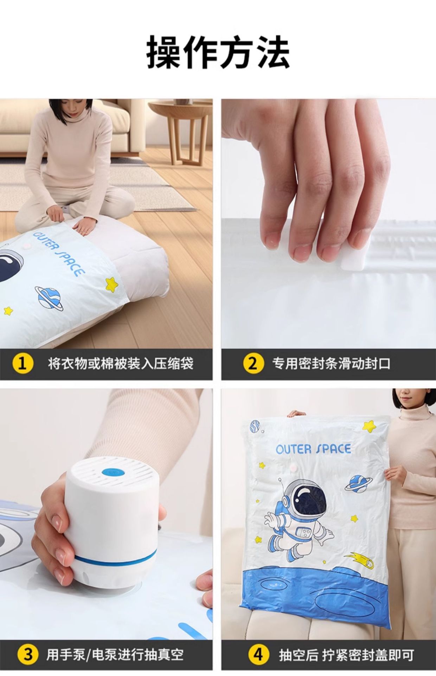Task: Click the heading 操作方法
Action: (218, 51)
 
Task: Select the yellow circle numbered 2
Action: (252, 363)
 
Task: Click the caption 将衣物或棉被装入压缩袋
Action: (121, 363)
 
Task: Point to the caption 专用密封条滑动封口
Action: (331, 363)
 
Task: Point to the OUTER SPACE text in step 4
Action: (313, 449)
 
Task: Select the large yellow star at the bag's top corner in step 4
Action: (370, 426)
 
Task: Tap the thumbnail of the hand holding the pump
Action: (106, 514)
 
